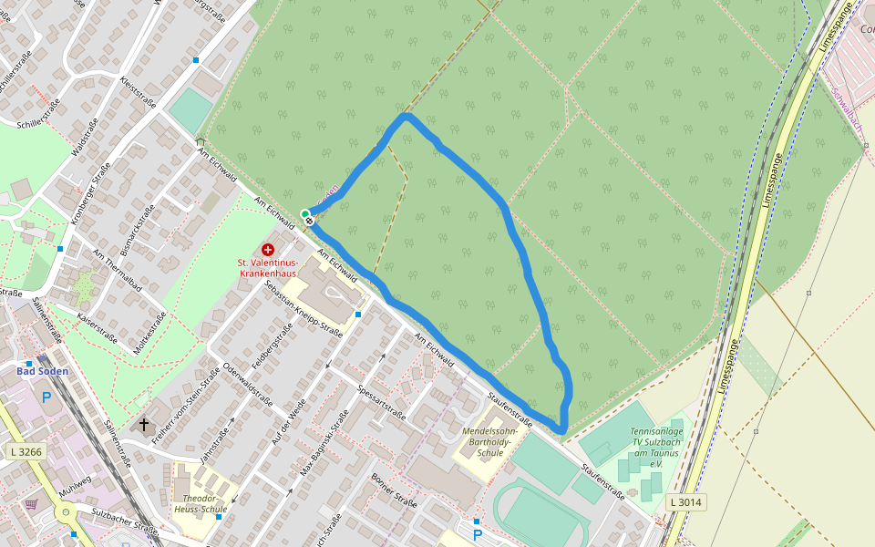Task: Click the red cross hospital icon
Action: (268, 249)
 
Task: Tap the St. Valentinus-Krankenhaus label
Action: (268, 268)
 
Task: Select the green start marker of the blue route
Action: (305, 214)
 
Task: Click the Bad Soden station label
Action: (42, 371)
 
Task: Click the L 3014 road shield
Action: (685, 501)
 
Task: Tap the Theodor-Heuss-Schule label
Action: (200, 504)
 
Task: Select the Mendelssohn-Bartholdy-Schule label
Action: (490, 441)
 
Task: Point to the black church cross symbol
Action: (143, 424)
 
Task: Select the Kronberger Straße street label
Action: (91, 188)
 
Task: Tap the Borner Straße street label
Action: (394, 490)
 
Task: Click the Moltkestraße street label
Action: (149, 333)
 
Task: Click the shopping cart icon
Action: (32, 503)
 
